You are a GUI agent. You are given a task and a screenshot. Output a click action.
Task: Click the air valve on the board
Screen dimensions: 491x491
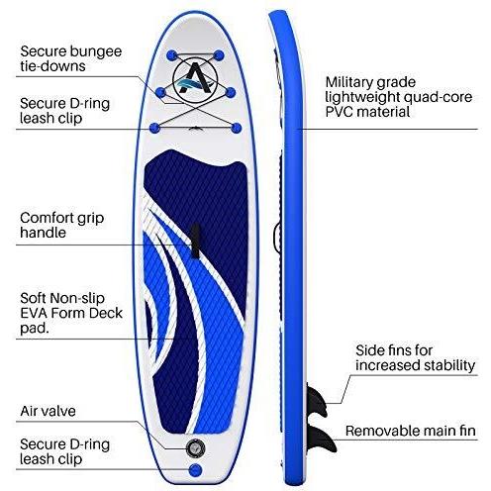click(195, 447)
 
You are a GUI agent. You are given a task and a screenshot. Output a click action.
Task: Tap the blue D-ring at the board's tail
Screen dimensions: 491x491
click(195, 469)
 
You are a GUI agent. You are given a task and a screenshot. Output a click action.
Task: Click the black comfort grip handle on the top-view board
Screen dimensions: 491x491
click(195, 241)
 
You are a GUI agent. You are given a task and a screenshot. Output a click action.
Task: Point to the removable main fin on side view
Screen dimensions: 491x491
click(324, 436)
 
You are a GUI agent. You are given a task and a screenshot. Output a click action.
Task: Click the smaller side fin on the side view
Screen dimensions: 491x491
click(318, 399)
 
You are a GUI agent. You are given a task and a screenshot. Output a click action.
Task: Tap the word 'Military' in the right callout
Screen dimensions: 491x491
click(348, 82)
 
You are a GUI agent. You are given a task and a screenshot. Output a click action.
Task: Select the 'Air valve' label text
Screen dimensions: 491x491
click(48, 411)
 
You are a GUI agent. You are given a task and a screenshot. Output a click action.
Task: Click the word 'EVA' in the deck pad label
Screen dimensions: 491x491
click(34, 313)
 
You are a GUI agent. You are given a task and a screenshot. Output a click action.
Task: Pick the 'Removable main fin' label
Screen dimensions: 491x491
click(411, 431)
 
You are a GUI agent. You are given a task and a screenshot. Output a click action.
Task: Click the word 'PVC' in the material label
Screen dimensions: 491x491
click(340, 112)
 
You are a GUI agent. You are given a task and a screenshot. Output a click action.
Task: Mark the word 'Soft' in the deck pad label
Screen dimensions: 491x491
click(34, 298)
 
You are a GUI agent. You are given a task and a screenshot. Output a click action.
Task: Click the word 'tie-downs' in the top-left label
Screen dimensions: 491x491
click(52, 66)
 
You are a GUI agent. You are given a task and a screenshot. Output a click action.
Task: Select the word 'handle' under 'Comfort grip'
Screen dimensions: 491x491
click(43, 233)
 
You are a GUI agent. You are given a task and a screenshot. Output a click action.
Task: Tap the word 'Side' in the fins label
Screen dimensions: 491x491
click(368, 350)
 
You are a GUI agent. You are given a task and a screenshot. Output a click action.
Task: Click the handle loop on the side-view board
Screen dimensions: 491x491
click(276, 236)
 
